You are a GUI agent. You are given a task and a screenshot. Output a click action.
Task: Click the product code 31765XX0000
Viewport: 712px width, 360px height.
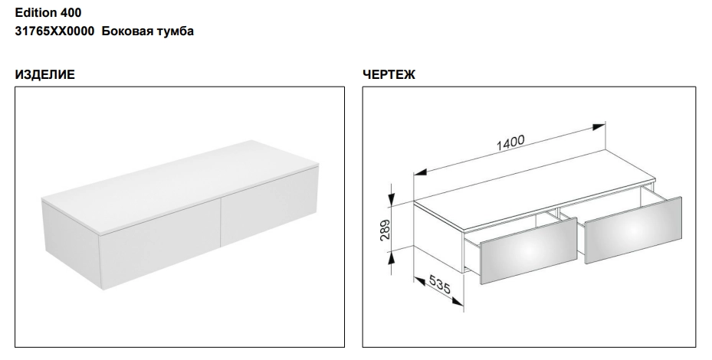[55, 31]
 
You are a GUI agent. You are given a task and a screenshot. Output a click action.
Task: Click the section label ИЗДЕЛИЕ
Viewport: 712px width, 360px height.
[45, 74]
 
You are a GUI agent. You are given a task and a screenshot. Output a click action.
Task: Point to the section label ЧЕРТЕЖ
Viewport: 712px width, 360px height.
[389, 74]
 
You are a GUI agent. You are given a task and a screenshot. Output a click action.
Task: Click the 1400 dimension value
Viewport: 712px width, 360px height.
[510, 142]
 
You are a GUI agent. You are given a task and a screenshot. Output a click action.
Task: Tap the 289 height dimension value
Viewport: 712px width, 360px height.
[385, 230]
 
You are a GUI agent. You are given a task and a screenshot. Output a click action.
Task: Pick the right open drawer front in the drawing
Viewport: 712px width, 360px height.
[633, 230]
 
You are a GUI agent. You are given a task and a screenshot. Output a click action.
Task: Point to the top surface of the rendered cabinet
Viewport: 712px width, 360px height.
[180, 186]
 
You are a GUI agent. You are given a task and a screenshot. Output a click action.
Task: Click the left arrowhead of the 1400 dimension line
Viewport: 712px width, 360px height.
[419, 172]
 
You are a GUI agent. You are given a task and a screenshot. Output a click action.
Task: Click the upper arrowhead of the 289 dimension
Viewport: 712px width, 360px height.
[392, 199]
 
